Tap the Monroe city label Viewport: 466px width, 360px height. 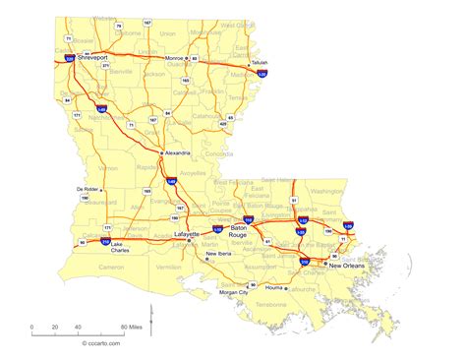click(x=174, y=59)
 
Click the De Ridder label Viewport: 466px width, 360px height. click(x=87, y=189)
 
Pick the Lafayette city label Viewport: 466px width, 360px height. click(x=186, y=235)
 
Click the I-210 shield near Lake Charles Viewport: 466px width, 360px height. click(x=105, y=240)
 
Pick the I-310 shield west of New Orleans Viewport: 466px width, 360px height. click(x=305, y=262)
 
